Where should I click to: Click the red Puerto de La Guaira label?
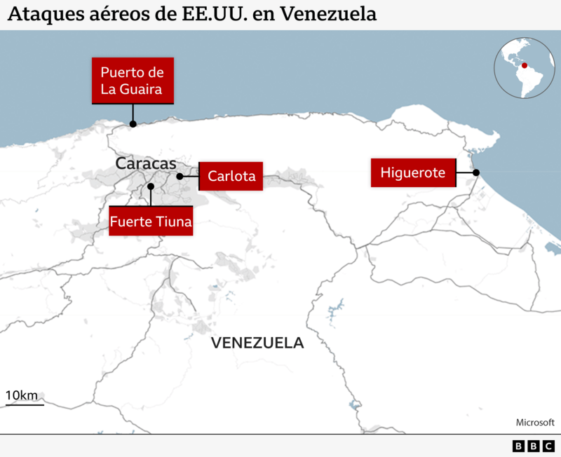[x=133, y=81]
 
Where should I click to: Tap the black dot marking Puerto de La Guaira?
[x=133, y=124]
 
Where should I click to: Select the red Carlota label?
[x=231, y=176]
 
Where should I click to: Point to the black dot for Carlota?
[x=180, y=177]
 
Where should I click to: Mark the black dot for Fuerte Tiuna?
[x=151, y=186]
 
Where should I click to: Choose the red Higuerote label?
[x=413, y=172]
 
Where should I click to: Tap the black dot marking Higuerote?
[x=476, y=172]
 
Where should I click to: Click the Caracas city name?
[x=146, y=163]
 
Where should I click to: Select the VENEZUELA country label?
[x=257, y=343]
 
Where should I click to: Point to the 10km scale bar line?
[x=25, y=404]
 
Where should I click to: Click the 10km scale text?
[x=22, y=395]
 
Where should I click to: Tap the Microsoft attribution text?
[x=535, y=422]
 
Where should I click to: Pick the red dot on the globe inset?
[x=523, y=65]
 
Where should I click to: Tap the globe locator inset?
[x=525, y=68]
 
